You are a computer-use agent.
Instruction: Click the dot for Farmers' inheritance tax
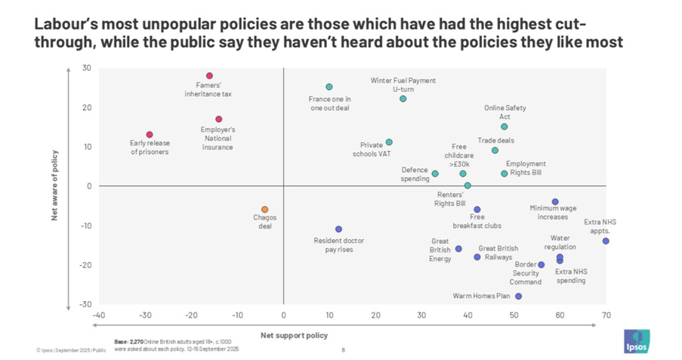[209, 75]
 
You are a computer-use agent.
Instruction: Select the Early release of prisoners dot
[150, 134]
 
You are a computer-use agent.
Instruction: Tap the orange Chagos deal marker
[264, 209]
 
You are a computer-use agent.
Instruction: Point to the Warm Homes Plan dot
[518, 296]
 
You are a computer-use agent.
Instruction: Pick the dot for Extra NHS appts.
[606, 241]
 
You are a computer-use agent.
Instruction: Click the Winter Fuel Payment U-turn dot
[403, 99]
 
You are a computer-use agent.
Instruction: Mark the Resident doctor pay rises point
[338, 229]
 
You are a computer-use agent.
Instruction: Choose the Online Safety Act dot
[505, 126]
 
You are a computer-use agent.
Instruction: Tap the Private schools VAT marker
[389, 142]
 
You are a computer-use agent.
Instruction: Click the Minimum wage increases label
[554, 212]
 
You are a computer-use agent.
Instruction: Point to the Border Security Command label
[526, 273]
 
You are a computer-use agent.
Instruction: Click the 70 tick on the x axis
[606, 315]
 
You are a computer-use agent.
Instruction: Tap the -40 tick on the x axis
[99, 315]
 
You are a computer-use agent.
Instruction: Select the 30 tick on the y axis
[87, 68]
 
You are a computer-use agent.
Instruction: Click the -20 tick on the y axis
[85, 265]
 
